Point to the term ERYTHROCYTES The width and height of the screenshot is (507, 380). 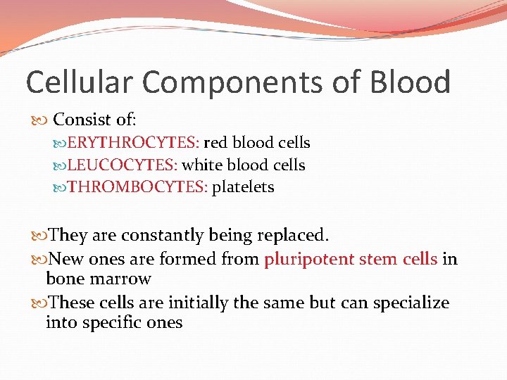(x=133, y=143)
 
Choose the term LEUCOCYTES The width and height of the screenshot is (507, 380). (x=124, y=165)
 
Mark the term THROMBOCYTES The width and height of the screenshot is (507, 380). (x=137, y=188)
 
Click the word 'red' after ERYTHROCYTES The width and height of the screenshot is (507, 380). (x=215, y=143)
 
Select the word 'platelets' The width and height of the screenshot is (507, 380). (x=243, y=188)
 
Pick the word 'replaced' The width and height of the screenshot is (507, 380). (x=296, y=235)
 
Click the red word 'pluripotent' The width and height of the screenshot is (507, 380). (x=308, y=259)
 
